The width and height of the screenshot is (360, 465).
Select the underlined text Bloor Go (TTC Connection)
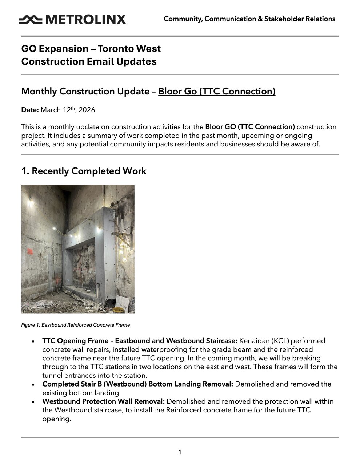tap(217, 91)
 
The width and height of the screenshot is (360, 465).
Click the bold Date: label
tap(30, 110)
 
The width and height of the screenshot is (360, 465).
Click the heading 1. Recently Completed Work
tap(84, 171)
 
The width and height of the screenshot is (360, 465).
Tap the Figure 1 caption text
tap(75, 325)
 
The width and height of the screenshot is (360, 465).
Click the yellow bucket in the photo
tap(118, 310)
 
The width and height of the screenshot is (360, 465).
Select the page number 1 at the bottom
tap(180, 452)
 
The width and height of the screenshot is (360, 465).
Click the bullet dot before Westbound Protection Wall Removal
tap(33, 402)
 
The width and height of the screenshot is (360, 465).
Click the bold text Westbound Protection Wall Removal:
tap(104, 401)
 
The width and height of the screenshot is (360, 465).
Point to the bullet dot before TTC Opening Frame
tap(33, 341)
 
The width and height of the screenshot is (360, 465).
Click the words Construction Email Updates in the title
tap(89, 61)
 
